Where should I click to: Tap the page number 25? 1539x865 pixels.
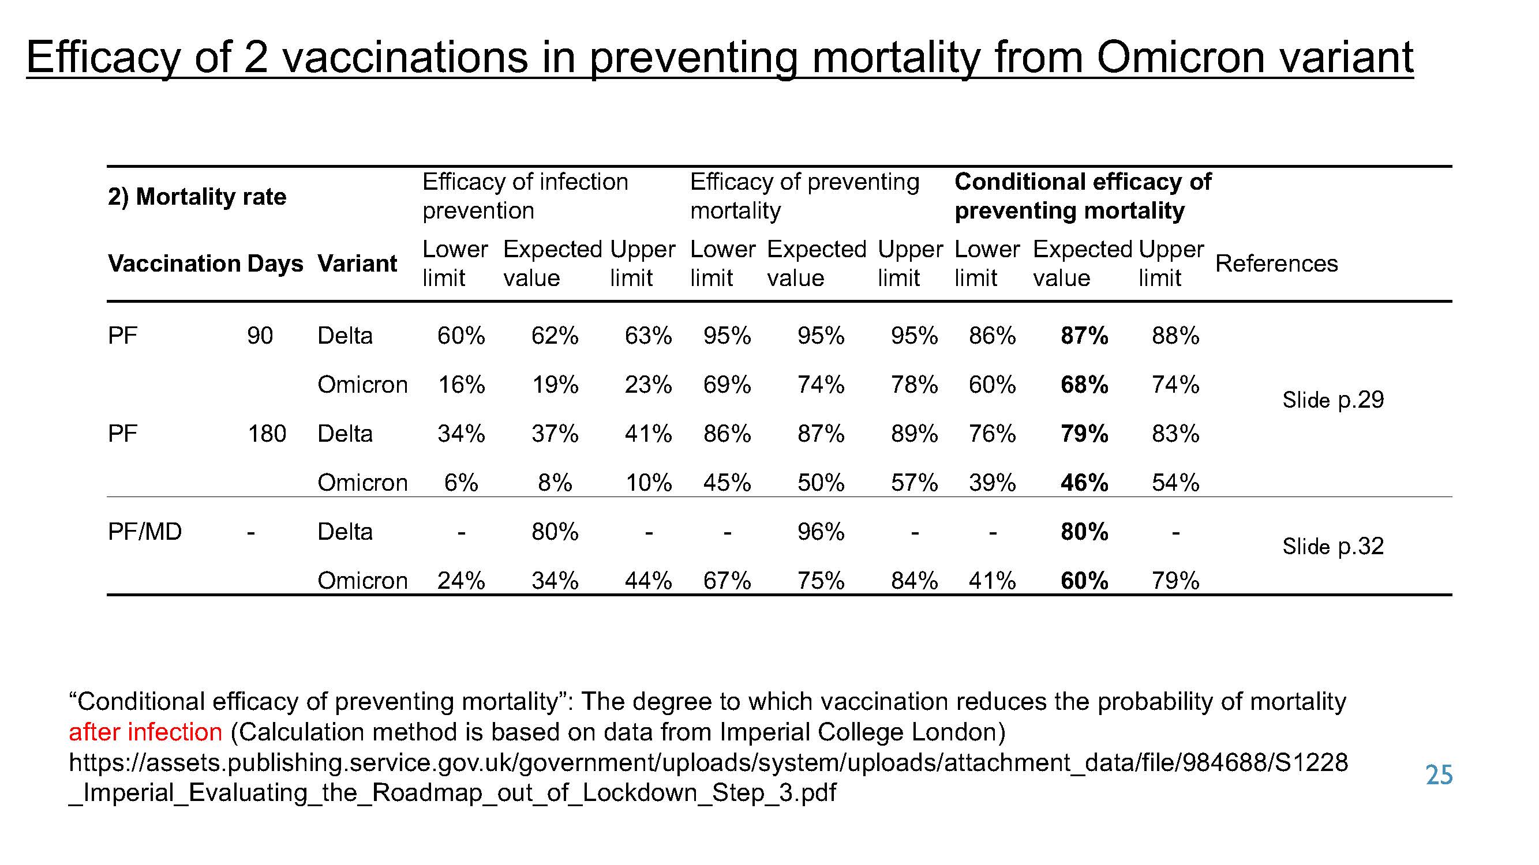click(x=1439, y=775)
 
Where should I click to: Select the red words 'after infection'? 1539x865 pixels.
click(x=145, y=732)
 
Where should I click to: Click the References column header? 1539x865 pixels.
click(x=1276, y=264)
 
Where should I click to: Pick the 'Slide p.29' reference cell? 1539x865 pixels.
click(x=1333, y=400)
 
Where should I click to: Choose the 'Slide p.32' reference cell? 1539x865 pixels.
click(x=1333, y=546)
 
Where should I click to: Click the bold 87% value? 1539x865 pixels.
click(x=1084, y=336)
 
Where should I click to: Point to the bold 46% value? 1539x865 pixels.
click(x=1084, y=482)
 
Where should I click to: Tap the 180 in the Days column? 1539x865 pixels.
click(x=267, y=434)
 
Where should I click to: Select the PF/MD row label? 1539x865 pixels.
click(x=145, y=531)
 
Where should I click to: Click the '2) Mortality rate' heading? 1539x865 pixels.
click(x=197, y=197)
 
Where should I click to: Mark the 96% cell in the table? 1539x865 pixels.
click(x=821, y=531)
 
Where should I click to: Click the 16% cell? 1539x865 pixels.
click(x=461, y=385)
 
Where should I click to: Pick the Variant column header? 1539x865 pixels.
click(x=357, y=264)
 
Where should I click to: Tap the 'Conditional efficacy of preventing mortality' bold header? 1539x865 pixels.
click(x=1083, y=196)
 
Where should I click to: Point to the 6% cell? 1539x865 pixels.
click(x=461, y=482)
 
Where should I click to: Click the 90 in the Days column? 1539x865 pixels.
click(x=260, y=336)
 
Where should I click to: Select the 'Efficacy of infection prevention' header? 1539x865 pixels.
click(x=525, y=196)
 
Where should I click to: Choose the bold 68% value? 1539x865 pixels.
click(x=1084, y=385)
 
